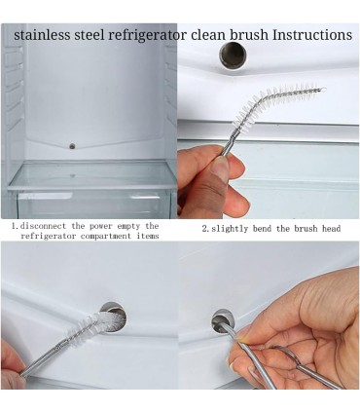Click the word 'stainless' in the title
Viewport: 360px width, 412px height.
(42, 34)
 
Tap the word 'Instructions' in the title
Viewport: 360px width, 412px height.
(312, 34)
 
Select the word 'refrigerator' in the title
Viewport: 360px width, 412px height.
(147, 35)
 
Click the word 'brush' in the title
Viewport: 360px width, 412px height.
(249, 34)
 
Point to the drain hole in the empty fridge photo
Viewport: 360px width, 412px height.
(72, 146)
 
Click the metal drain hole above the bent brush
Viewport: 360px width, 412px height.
(233, 56)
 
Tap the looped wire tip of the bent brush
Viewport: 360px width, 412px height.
(322, 89)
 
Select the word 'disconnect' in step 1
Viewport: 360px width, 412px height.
(43, 226)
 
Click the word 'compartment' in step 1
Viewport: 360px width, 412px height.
(107, 236)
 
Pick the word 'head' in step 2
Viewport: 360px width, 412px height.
(331, 229)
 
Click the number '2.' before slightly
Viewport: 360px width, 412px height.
(205, 229)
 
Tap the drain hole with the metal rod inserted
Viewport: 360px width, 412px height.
(222, 320)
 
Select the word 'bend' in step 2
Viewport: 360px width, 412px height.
(262, 229)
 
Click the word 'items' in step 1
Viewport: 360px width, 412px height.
(148, 236)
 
